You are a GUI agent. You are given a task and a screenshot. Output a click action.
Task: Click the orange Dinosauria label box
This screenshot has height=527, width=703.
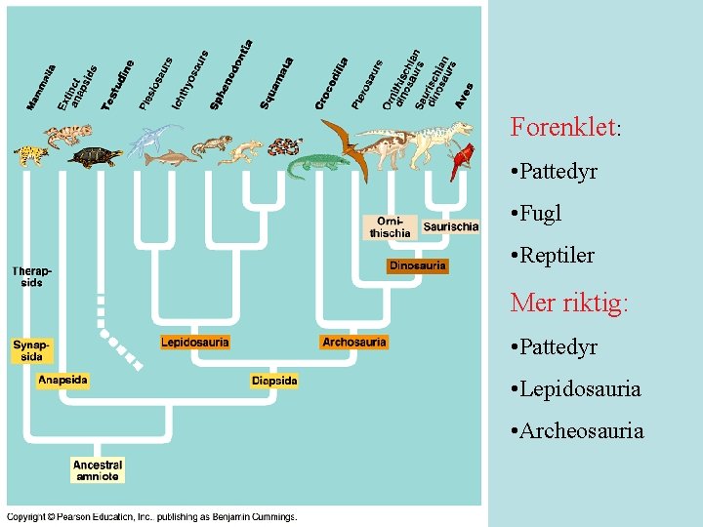[x=418, y=265]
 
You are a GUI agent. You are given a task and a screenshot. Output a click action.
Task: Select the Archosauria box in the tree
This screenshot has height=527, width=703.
[x=353, y=342]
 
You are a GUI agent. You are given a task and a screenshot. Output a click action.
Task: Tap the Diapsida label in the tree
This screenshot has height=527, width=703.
[x=274, y=380]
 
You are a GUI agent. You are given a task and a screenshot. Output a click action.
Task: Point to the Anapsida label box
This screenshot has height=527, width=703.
[x=62, y=380]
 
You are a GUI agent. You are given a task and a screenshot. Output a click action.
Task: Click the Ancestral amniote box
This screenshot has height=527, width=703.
[x=97, y=470]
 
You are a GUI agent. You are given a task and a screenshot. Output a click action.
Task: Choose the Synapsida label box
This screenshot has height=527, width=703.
[x=31, y=350]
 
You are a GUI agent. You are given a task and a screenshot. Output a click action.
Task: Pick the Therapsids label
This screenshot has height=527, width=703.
[x=31, y=276]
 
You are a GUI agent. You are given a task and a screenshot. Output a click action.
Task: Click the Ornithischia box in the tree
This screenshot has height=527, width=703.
[x=391, y=227]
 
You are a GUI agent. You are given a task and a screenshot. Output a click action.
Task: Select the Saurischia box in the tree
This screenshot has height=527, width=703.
[x=451, y=226]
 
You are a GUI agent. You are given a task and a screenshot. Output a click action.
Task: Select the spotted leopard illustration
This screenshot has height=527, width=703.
[x=31, y=154]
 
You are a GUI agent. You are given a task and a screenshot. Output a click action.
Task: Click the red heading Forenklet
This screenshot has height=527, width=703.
[x=565, y=128]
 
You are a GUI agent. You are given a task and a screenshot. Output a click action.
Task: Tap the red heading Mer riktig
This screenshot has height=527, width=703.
[x=569, y=303]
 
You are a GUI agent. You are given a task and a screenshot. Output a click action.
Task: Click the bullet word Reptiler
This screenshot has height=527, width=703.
[x=558, y=256]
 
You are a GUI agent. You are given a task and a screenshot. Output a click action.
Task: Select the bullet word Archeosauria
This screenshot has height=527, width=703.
[x=583, y=430]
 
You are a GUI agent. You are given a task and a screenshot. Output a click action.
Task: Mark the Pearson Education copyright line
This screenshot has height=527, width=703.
[x=152, y=517]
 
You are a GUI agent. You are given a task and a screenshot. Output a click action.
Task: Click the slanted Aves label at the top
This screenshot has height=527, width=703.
[x=465, y=95]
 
